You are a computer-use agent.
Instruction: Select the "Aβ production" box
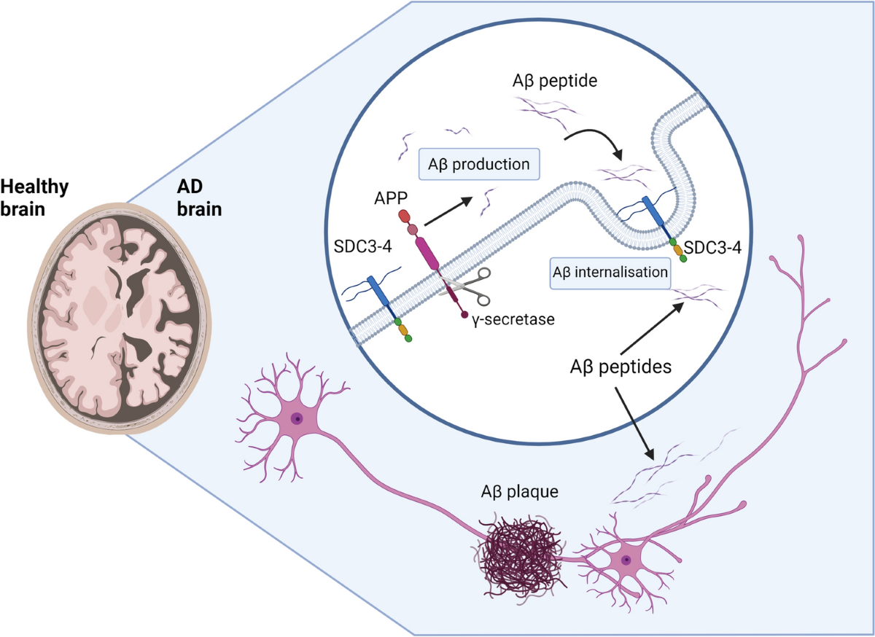click(479, 164)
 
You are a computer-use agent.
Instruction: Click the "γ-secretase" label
click(508, 318)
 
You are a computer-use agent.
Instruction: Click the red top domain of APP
click(404, 216)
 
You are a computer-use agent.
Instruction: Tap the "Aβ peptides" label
click(620, 367)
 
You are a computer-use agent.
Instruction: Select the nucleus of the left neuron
click(297, 418)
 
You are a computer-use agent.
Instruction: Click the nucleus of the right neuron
click(626, 560)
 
